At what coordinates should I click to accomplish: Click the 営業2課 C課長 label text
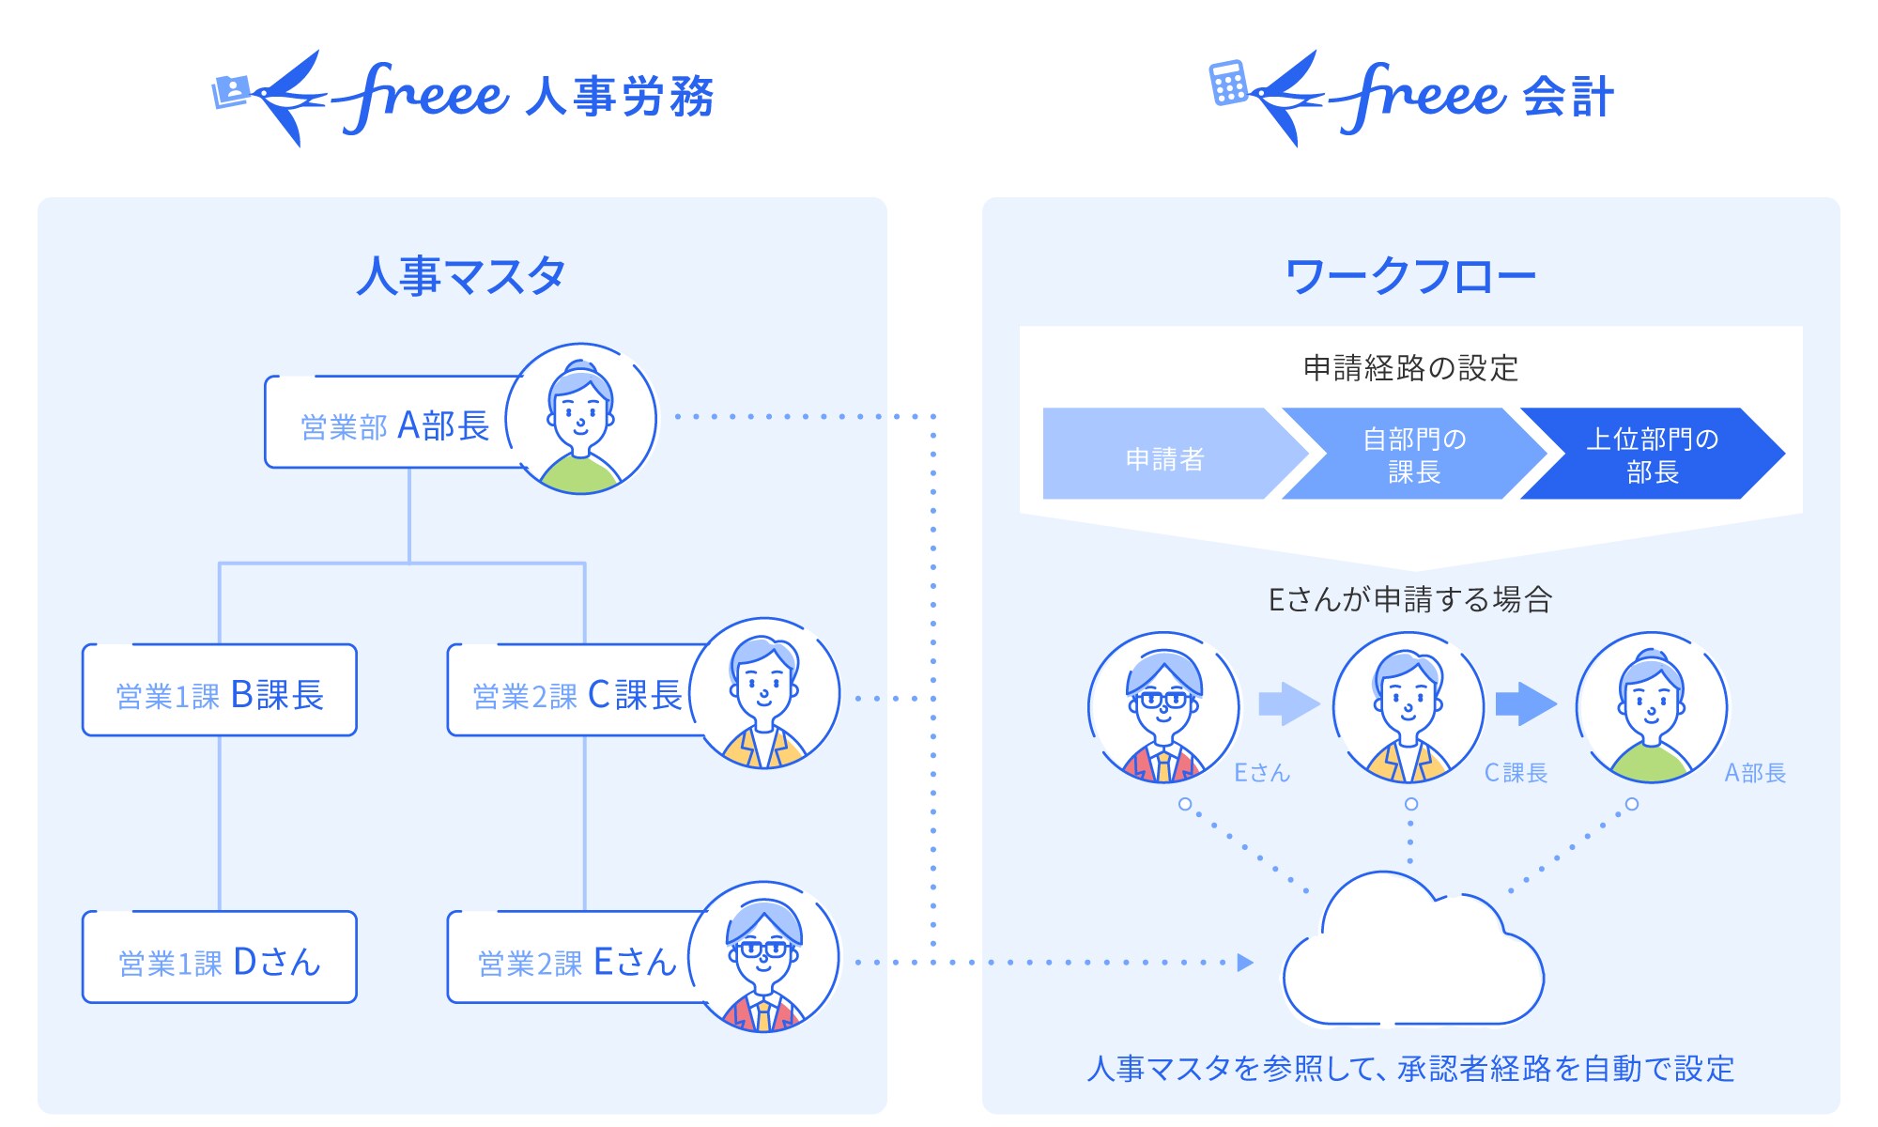pos(577,695)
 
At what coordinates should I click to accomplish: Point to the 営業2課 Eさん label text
pos(577,962)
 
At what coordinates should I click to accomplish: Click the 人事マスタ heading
pos(460,276)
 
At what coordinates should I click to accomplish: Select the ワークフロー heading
pos(1409,276)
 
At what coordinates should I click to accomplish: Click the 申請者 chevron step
pos(1164,457)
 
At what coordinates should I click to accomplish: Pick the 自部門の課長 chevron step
pos(1413,455)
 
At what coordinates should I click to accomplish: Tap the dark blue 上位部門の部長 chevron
pos(1652,455)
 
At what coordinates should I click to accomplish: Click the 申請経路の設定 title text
pos(1409,367)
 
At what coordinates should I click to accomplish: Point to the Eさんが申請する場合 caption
pos(1409,599)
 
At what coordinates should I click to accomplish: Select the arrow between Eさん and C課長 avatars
pos(1287,703)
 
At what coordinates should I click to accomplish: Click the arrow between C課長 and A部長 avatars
pos(1525,703)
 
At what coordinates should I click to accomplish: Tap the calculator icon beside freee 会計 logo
pos(1227,84)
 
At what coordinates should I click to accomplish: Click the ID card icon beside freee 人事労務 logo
pos(231,91)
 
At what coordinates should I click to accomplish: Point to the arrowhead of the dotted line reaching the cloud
pos(1245,962)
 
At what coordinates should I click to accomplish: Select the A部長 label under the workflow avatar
pos(1754,773)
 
